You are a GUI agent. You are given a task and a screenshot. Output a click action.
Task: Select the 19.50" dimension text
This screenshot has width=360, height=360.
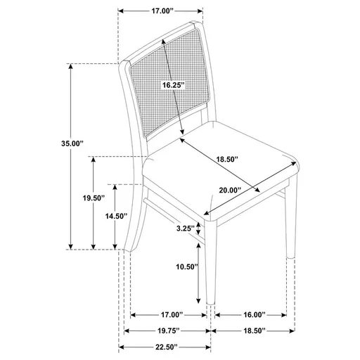[x=93, y=199]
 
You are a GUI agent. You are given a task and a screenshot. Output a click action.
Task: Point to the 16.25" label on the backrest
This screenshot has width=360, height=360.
[x=172, y=85]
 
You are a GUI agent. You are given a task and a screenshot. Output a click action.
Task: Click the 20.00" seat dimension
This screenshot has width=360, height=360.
[x=229, y=190]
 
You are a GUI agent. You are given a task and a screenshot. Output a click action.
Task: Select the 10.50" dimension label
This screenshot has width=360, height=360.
[x=186, y=267]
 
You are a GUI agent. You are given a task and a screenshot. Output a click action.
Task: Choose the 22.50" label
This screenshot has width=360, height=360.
[x=162, y=347]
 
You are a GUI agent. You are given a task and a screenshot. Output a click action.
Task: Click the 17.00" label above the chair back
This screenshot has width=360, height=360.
[x=162, y=11]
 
